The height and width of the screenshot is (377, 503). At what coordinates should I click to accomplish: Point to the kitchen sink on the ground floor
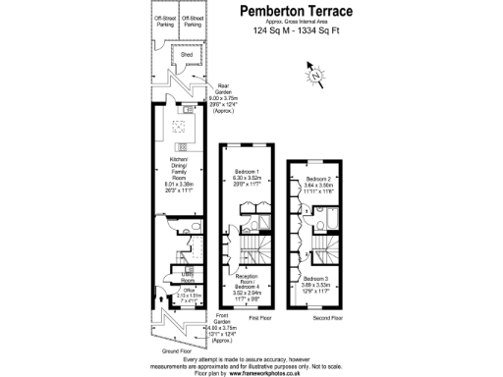[182, 126]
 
